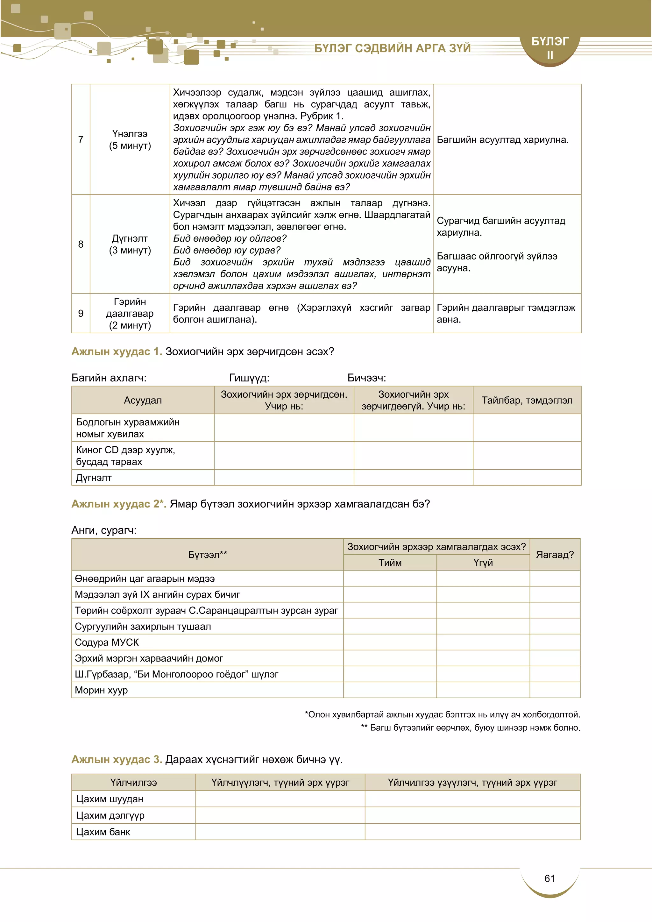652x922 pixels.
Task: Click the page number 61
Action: [549, 879]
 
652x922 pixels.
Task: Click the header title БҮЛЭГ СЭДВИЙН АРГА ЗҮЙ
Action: [392, 48]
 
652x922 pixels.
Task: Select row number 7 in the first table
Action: [81, 139]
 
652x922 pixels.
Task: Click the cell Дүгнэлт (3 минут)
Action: [130, 244]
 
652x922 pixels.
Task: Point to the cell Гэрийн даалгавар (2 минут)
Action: [130, 313]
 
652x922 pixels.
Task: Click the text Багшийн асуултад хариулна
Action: [502, 140]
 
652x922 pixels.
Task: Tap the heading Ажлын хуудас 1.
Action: [117, 351]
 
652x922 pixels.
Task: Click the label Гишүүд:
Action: [249, 378]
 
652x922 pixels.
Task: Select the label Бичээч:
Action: [366, 378]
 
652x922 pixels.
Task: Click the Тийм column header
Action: [390, 563]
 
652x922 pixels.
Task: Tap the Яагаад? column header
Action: [555, 555]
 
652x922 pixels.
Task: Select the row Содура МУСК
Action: [107, 642]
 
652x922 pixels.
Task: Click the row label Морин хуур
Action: [101, 690]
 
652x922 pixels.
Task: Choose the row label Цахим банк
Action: [103, 832]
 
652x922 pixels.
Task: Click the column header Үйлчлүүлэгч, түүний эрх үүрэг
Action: [280, 782]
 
